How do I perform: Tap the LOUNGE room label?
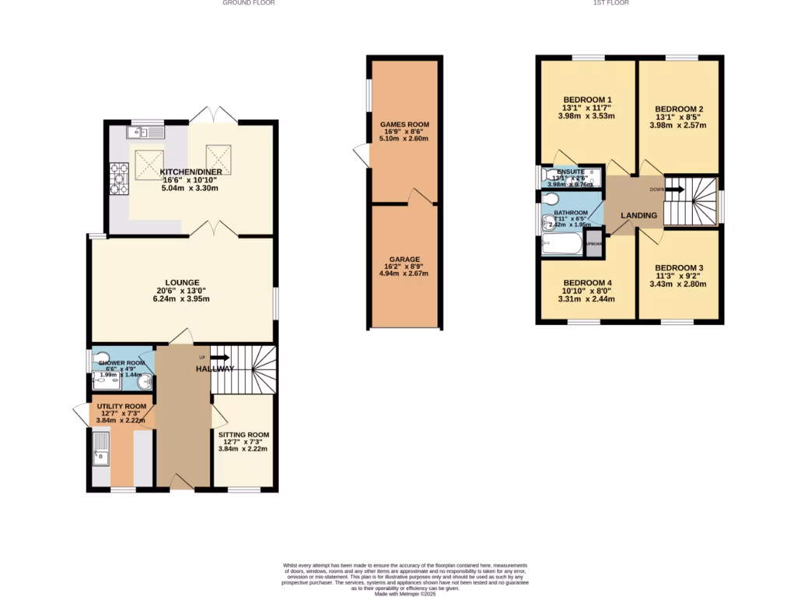click(x=182, y=282)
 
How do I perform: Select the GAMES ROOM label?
click(x=404, y=124)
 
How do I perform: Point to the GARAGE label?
click(x=404, y=258)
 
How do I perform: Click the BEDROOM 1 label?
click(x=587, y=99)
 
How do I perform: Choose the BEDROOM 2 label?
click(x=679, y=109)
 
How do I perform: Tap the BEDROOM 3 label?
click(x=679, y=267)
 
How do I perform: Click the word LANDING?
click(x=639, y=215)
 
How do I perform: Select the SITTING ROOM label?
click(x=243, y=435)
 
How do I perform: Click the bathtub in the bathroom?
click(x=561, y=246)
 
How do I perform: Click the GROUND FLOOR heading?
click(x=248, y=3)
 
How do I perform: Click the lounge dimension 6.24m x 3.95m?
click(x=182, y=298)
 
